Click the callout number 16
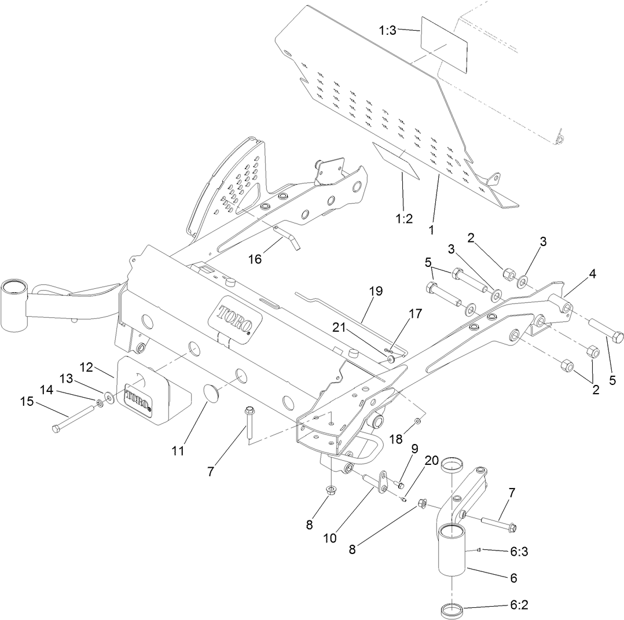click(255, 259)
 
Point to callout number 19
click(376, 291)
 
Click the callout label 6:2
click(518, 606)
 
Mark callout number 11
click(178, 450)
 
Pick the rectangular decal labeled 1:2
click(398, 159)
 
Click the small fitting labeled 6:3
click(479, 550)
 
